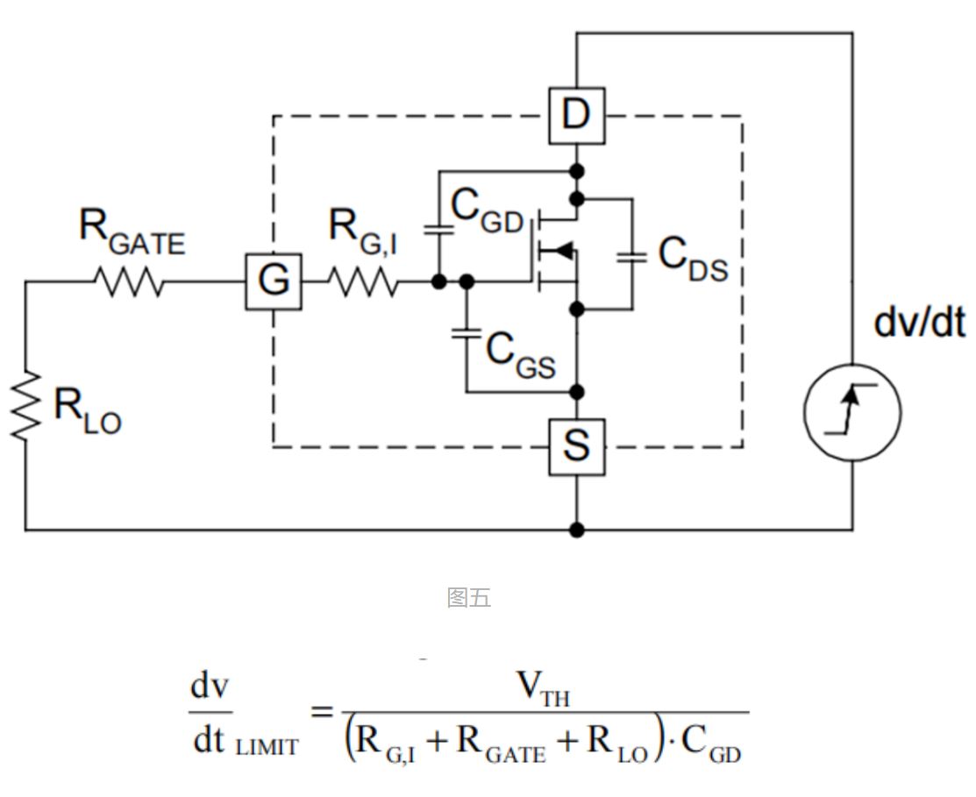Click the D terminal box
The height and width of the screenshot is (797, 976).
coord(576,115)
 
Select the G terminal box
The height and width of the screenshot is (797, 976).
coord(274,281)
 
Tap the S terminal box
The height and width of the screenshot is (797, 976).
coord(576,447)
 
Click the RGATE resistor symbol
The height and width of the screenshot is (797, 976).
coord(129,282)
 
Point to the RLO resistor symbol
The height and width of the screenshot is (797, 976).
coord(26,404)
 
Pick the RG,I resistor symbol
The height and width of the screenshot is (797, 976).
coord(362,282)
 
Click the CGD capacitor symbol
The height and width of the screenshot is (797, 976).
coord(438,230)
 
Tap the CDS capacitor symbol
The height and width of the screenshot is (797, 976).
coord(630,257)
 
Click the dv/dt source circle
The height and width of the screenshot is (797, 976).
coord(851,411)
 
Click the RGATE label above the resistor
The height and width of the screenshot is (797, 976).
coord(132,231)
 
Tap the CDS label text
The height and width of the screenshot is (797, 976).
coord(693,260)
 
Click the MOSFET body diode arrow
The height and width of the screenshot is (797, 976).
coord(562,253)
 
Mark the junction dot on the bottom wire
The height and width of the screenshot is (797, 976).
coord(576,530)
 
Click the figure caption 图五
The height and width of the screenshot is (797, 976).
coord(468,598)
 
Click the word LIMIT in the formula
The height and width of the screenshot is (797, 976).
coord(267,747)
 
